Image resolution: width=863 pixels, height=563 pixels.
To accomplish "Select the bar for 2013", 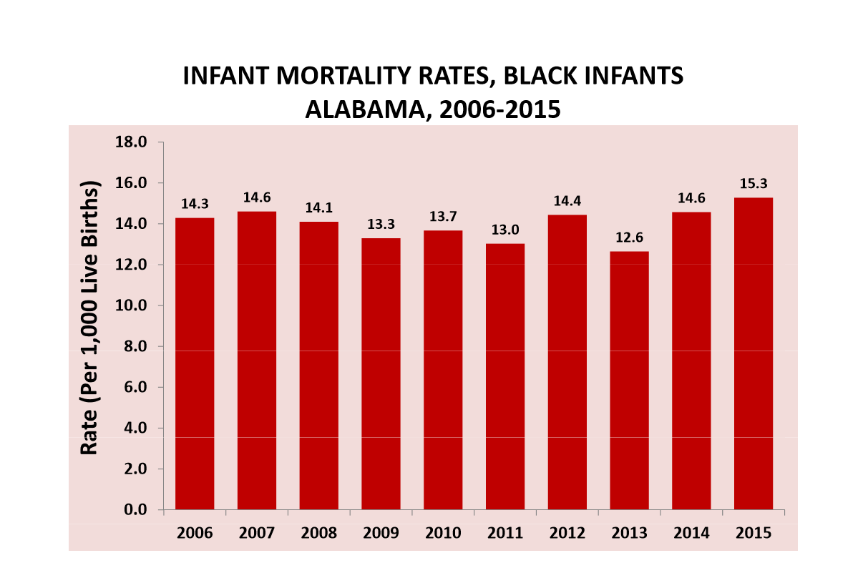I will tap(629, 380).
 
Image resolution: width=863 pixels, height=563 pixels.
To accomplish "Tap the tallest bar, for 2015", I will tap(753, 353).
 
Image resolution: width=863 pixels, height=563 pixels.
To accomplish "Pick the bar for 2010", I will tap(443, 369).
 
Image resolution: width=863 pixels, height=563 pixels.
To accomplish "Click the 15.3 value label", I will tap(753, 184).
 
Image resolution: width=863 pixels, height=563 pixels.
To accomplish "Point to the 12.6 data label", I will tap(629, 238).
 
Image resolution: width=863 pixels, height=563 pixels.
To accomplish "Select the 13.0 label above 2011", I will tap(504, 230).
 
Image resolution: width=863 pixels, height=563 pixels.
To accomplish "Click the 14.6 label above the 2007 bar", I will tap(256, 197).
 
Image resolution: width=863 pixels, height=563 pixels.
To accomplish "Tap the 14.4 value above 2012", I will tap(567, 201).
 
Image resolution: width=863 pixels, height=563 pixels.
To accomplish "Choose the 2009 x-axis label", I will tap(381, 534).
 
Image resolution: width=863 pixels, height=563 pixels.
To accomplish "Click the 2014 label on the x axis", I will tap(691, 534).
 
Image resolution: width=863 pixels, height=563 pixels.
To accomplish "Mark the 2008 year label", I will tap(318, 534).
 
